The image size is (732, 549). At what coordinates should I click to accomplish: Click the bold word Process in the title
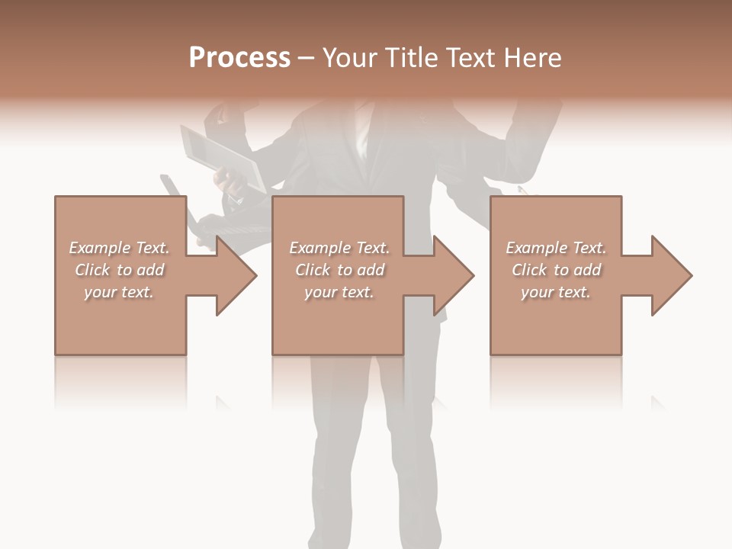[239, 58]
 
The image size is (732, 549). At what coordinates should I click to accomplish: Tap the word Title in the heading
[412, 58]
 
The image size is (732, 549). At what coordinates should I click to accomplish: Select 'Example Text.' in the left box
[119, 248]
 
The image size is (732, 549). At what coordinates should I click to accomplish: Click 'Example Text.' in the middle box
[339, 248]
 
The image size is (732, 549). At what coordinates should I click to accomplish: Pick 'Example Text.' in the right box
[556, 248]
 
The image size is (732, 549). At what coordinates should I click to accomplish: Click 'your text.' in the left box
[119, 292]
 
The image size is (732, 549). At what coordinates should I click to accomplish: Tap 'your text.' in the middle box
[339, 292]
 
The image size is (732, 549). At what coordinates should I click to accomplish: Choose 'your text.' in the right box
[556, 292]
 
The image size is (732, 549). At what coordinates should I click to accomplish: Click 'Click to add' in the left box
[119, 270]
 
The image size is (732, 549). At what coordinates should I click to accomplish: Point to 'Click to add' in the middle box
[339, 270]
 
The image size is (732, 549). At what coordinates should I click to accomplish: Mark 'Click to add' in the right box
[556, 270]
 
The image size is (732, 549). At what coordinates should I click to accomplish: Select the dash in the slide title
[306, 58]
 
